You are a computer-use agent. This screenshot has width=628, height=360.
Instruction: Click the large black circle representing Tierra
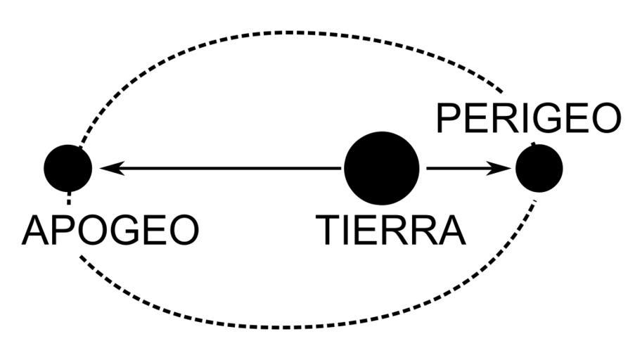[381, 169]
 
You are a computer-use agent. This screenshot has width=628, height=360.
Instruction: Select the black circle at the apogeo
[68, 168]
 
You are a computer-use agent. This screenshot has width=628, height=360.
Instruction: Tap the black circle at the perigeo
[539, 168]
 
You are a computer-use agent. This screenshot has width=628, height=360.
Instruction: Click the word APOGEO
[110, 230]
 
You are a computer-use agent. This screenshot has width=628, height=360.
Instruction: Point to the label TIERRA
[390, 230]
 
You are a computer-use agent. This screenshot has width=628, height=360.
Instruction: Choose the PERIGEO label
[528, 118]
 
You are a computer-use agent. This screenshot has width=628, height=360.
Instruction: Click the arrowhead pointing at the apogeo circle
[111, 168]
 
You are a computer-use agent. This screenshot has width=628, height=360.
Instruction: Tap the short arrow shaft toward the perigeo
[457, 168]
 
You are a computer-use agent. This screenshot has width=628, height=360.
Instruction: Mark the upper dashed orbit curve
[281, 32]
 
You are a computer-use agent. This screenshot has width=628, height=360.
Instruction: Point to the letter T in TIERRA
[328, 230]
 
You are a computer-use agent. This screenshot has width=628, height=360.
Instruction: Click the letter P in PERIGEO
[448, 118]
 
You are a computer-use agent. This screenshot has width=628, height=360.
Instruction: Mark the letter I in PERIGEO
[521, 118]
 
